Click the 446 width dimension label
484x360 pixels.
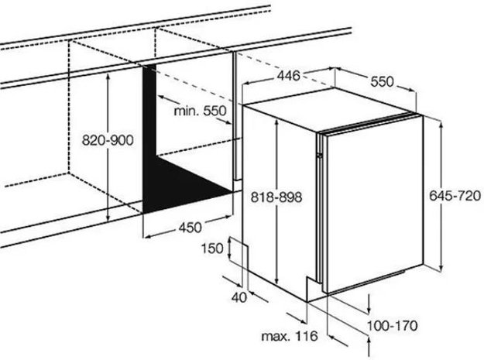point(288,76)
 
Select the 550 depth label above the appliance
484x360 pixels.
point(382,82)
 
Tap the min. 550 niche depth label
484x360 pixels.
point(200,111)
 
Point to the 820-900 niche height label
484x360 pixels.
point(108,140)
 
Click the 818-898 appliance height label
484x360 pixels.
point(276,197)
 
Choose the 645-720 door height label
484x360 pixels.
point(455,196)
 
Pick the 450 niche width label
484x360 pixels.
point(191,228)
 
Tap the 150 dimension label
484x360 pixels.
point(212,249)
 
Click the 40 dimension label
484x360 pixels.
point(239,297)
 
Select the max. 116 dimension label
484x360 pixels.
point(290,336)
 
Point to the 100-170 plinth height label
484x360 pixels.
point(393,325)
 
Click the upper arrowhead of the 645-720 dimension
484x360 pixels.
point(441,124)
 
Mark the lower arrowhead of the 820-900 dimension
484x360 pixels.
point(108,218)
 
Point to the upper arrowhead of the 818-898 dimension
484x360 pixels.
point(277,123)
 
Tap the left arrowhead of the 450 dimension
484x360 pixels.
point(148,237)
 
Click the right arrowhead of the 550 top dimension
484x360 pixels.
point(413,90)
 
